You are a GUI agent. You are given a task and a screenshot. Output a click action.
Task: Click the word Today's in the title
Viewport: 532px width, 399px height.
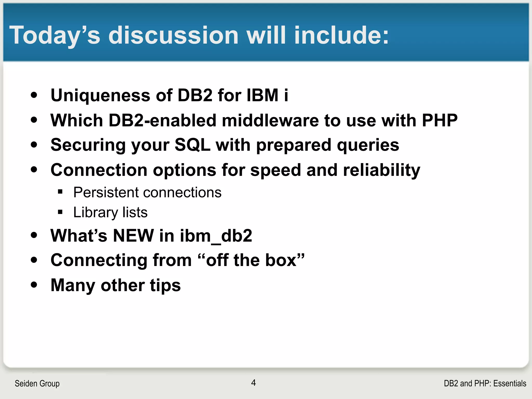[55, 36]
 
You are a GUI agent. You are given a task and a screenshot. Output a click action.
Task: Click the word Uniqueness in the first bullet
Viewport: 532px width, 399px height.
[100, 95]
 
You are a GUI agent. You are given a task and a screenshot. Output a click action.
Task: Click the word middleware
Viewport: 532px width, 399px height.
[270, 121]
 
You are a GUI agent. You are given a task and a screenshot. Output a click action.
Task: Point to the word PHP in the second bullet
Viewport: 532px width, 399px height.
[440, 121]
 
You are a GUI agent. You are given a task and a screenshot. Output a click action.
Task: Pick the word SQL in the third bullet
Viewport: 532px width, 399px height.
[192, 145]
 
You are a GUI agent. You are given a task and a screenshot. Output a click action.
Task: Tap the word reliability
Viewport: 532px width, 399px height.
[381, 170]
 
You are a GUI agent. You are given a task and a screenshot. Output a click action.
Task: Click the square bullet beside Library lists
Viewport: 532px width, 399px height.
[60, 212]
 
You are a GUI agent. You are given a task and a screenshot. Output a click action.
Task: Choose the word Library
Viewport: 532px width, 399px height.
[95, 213]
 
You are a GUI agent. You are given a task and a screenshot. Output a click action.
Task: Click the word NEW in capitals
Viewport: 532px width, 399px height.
[133, 236]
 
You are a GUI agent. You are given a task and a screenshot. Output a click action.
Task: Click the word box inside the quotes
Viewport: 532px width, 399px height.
[281, 260]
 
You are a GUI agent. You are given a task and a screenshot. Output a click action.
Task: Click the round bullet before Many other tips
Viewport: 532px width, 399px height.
[34, 285]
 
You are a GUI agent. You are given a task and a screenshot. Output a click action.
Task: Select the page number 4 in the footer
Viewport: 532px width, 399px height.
[254, 383]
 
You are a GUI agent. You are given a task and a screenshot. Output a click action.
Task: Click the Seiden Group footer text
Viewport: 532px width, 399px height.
[37, 384]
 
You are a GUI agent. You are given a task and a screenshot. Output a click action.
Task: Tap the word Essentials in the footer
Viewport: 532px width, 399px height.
[509, 384]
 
